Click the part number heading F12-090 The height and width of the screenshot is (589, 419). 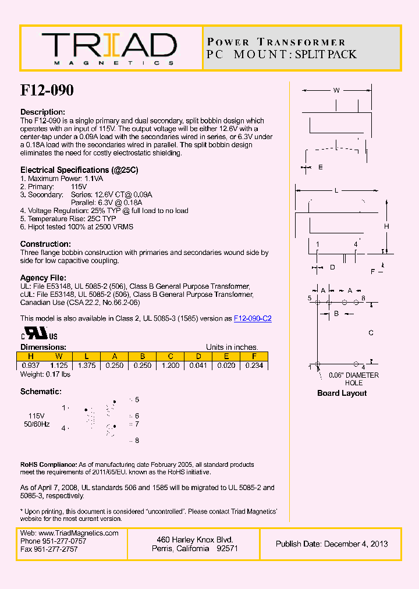click(x=47, y=90)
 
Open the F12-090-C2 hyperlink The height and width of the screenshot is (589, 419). click(x=253, y=318)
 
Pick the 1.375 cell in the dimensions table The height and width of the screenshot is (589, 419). click(x=86, y=366)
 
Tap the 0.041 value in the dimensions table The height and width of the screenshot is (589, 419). click(x=198, y=366)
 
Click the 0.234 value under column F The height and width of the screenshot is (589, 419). click(x=254, y=366)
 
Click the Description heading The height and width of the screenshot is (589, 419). click(x=42, y=112)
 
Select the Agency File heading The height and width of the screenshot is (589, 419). click(x=43, y=278)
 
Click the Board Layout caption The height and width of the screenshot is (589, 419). click(x=342, y=393)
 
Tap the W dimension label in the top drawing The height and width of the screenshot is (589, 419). click(x=336, y=90)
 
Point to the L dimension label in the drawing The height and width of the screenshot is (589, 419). click(x=336, y=190)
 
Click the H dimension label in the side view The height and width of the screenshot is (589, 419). click(x=386, y=226)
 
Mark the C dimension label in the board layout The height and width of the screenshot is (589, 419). click(x=371, y=333)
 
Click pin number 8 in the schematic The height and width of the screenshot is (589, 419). click(x=137, y=441)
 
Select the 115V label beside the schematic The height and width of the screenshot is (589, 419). click(x=36, y=416)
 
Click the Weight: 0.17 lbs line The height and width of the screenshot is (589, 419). click(x=45, y=374)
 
